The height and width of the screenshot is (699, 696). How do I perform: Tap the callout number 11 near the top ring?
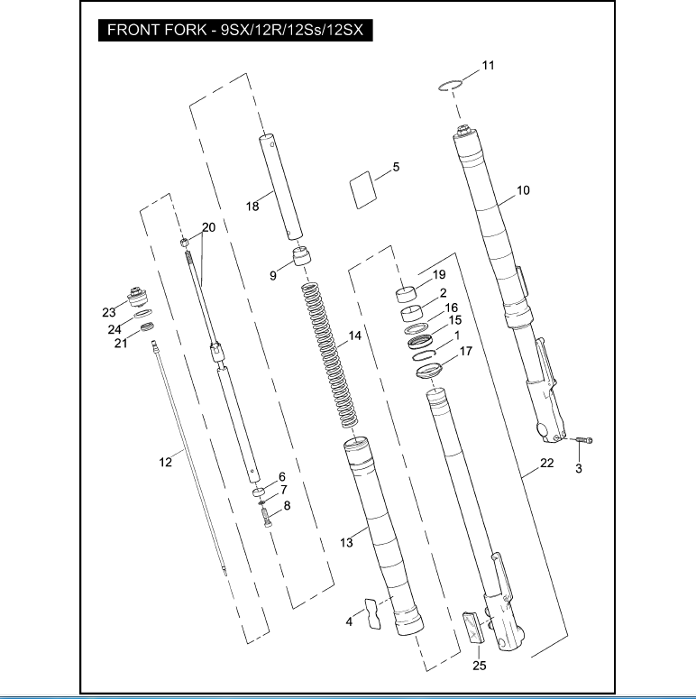pyautogui.click(x=487, y=66)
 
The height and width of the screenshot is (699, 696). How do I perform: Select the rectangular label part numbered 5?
pyautogui.click(x=362, y=190)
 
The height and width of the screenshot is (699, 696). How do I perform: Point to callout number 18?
pyautogui.click(x=252, y=207)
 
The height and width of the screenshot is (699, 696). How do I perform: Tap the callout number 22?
pyautogui.click(x=546, y=464)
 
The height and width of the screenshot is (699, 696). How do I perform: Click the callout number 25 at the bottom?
pyautogui.click(x=479, y=667)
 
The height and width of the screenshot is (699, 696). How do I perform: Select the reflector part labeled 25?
pyautogui.click(x=472, y=629)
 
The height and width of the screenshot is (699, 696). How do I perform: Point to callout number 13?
pyautogui.click(x=346, y=542)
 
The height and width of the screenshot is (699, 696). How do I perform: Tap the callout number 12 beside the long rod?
pyautogui.click(x=165, y=463)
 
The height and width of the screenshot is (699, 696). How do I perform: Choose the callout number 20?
pyautogui.click(x=208, y=228)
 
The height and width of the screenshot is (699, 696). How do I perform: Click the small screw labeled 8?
pyautogui.click(x=266, y=520)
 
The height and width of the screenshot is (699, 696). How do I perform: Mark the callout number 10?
pyautogui.click(x=523, y=190)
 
